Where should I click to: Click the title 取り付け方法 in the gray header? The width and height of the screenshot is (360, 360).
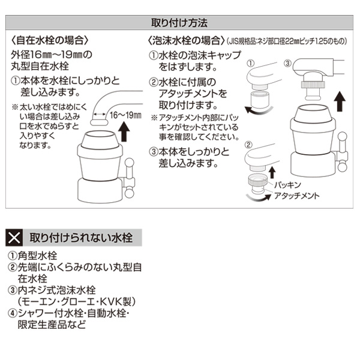click(x=179, y=23)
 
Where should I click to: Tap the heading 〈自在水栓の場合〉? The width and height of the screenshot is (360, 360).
click(x=50, y=41)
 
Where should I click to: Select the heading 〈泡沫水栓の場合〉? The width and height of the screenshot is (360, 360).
click(x=186, y=41)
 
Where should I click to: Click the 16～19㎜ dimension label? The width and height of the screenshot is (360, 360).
click(x=125, y=115)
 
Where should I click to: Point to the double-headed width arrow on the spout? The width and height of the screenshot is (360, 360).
click(x=99, y=114)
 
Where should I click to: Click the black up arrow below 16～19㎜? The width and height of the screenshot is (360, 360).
click(x=124, y=131)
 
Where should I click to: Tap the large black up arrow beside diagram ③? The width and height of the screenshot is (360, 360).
click(x=340, y=101)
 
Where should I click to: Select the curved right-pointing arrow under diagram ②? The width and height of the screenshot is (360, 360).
click(x=259, y=197)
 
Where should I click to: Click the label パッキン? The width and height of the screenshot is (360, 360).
click(x=287, y=185)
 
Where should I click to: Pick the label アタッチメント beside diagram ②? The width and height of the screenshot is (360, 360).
click(x=297, y=196)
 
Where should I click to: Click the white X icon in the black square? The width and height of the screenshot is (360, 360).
click(x=14, y=238)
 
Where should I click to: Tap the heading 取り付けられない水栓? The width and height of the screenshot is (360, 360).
click(x=81, y=238)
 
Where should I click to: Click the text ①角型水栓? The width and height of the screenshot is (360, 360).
click(x=32, y=256)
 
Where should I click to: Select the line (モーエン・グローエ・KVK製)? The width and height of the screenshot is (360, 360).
click(x=77, y=302)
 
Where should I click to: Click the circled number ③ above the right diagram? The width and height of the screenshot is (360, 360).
click(x=287, y=63)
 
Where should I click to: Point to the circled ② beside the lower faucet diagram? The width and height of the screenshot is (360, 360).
click(x=248, y=145)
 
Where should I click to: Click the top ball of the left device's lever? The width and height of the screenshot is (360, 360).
click(x=129, y=163)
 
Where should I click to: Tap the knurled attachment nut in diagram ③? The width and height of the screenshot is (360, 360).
click(x=313, y=84)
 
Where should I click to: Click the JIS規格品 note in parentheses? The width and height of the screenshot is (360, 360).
click(x=287, y=41)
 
